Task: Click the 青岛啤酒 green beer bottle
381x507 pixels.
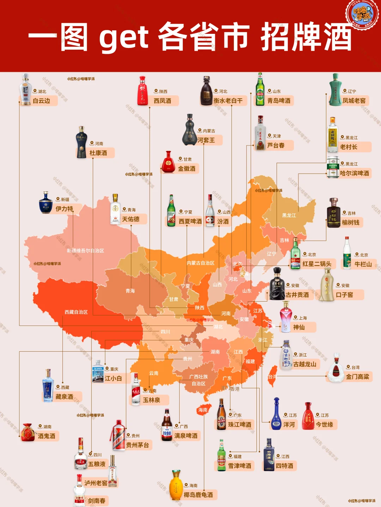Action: pyautogui.click(x=260, y=89)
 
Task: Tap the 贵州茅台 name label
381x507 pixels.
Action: pyautogui.click(x=137, y=445)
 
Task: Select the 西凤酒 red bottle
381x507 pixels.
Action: pyautogui.click(x=143, y=91)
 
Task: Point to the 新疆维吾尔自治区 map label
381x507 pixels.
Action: pyautogui.click(x=85, y=251)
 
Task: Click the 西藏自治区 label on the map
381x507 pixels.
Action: pyautogui.click(x=76, y=312)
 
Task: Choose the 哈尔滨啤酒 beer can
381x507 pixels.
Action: pyautogui.click(x=333, y=167)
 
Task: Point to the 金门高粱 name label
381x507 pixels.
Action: pyautogui.click(x=357, y=377)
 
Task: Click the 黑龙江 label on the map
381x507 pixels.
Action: pyautogui.click(x=289, y=215)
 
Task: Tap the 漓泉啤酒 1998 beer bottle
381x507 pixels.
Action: pyautogui.click(x=167, y=425)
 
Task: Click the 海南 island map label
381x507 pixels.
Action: pyautogui.click(x=203, y=410)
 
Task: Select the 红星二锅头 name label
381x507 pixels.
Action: pyautogui.click(x=316, y=264)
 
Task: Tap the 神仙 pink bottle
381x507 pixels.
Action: pyautogui.click(x=285, y=317)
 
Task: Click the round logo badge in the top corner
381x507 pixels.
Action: pyautogui.click(x=362, y=14)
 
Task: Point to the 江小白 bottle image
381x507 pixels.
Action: pyautogui.click(x=98, y=372)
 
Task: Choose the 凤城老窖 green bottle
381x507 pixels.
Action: pyautogui.click(x=335, y=90)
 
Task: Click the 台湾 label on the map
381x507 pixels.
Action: pyautogui.click(x=272, y=377)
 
